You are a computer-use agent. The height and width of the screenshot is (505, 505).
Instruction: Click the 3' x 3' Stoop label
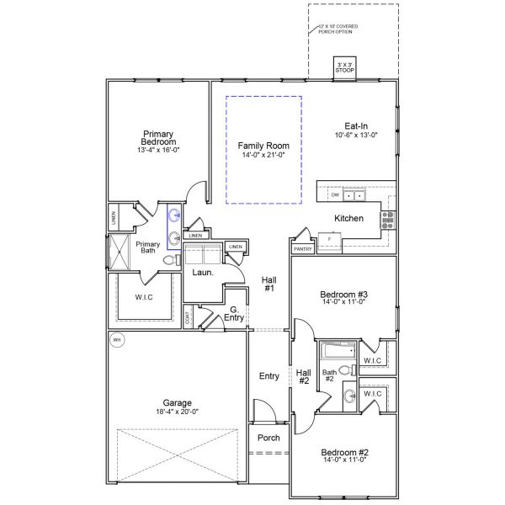pyautogui.click(x=345, y=68)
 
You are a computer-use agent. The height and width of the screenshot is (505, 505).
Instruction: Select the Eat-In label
pyautogui.click(x=356, y=125)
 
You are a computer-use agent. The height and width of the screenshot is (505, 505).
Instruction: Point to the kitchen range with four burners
pyautogui.click(x=388, y=221)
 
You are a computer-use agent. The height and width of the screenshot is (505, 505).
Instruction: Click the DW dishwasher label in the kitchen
pyautogui.click(x=335, y=194)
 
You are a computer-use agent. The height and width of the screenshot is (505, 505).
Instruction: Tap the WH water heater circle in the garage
pyautogui.click(x=117, y=340)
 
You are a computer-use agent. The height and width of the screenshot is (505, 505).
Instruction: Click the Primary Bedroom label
pyautogui.click(x=158, y=138)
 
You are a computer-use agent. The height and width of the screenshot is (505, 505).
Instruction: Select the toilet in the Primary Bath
pyautogui.click(x=168, y=262)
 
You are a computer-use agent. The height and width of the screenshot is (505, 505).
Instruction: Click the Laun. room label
pyautogui.click(x=202, y=273)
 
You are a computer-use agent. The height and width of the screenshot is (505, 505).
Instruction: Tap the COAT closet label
pyautogui.click(x=188, y=318)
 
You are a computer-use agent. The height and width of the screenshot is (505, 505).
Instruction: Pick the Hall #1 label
pyautogui.click(x=269, y=284)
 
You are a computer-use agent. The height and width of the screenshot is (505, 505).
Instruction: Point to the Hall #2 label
pyautogui.click(x=304, y=375)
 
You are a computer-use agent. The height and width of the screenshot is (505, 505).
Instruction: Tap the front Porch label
pyautogui.click(x=268, y=438)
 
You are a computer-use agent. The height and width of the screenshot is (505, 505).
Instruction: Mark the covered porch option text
pyautogui.click(x=338, y=29)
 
